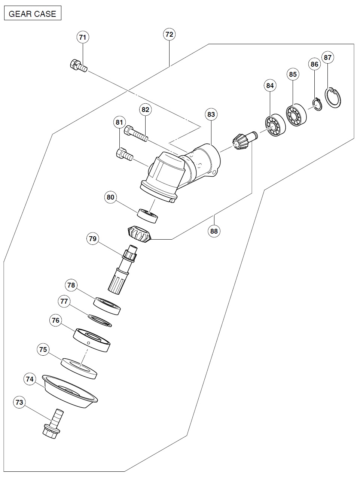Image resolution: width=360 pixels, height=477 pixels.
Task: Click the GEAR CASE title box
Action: point(32,14)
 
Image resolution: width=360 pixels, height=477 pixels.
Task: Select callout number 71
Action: point(83,37)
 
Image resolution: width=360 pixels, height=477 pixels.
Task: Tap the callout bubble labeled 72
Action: point(169,34)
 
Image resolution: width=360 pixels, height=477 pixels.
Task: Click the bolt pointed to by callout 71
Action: point(78,66)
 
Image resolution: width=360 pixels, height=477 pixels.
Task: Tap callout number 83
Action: point(211,114)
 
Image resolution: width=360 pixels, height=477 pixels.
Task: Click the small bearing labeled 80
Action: point(148,216)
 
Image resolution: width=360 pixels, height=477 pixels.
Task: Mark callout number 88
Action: point(214,231)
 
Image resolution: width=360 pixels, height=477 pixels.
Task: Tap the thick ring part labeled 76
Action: point(92,339)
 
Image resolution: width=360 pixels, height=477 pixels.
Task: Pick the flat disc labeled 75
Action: point(79,368)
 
